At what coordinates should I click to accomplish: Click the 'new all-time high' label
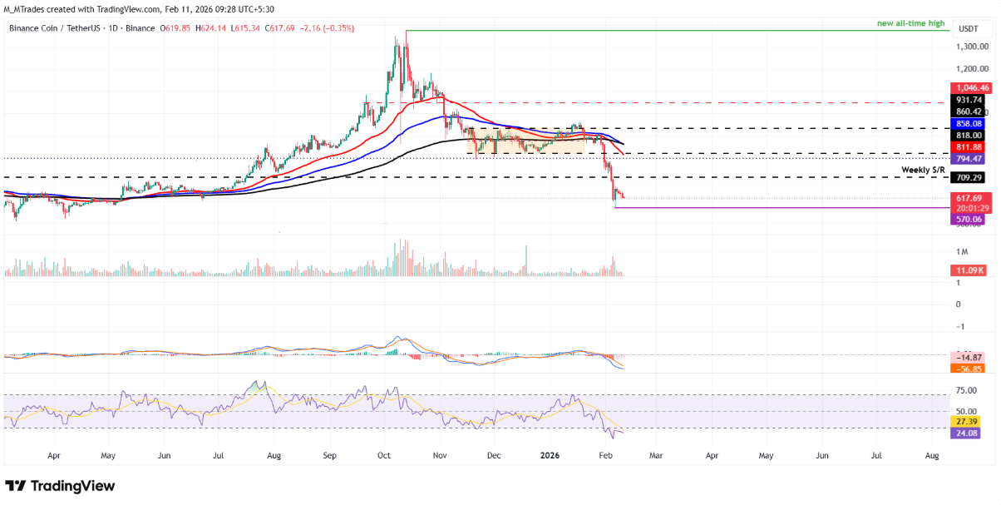click(x=913, y=23)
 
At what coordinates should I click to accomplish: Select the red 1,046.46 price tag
click(x=973, y=87)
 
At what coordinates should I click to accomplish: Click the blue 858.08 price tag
click(x=969, y=123)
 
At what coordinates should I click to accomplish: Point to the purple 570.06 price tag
click(x=969, y=219)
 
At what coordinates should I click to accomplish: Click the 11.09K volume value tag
click(x=969, y=270)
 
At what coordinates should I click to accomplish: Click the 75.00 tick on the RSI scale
click(x=966, y=390)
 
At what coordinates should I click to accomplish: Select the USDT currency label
click(x=968, y=28)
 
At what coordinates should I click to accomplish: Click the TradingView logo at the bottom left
click(x=60, y=486)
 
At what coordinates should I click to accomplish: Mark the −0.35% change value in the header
click(x=339, y=28)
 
